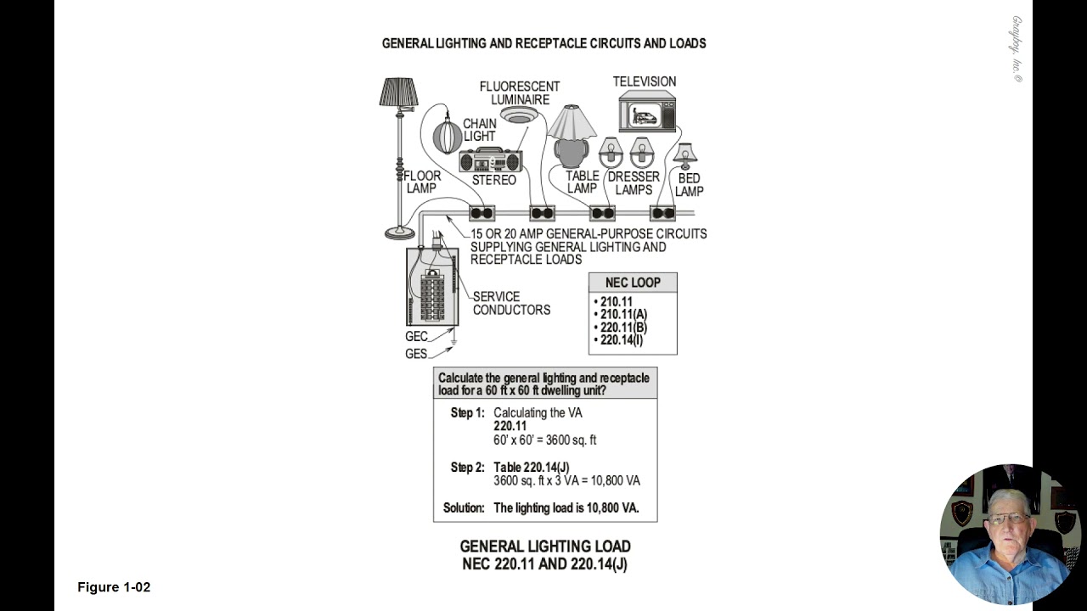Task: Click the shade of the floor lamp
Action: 398,92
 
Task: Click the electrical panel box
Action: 432,287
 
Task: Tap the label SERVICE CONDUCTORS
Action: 511,303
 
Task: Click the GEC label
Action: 416,337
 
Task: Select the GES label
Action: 416,354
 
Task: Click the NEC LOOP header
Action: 633,283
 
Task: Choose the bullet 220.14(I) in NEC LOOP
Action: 621,340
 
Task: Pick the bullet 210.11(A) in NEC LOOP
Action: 622,314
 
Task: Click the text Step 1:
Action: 467,412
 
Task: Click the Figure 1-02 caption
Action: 114,587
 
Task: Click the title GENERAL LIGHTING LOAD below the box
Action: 545,547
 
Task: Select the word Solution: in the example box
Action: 465,508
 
